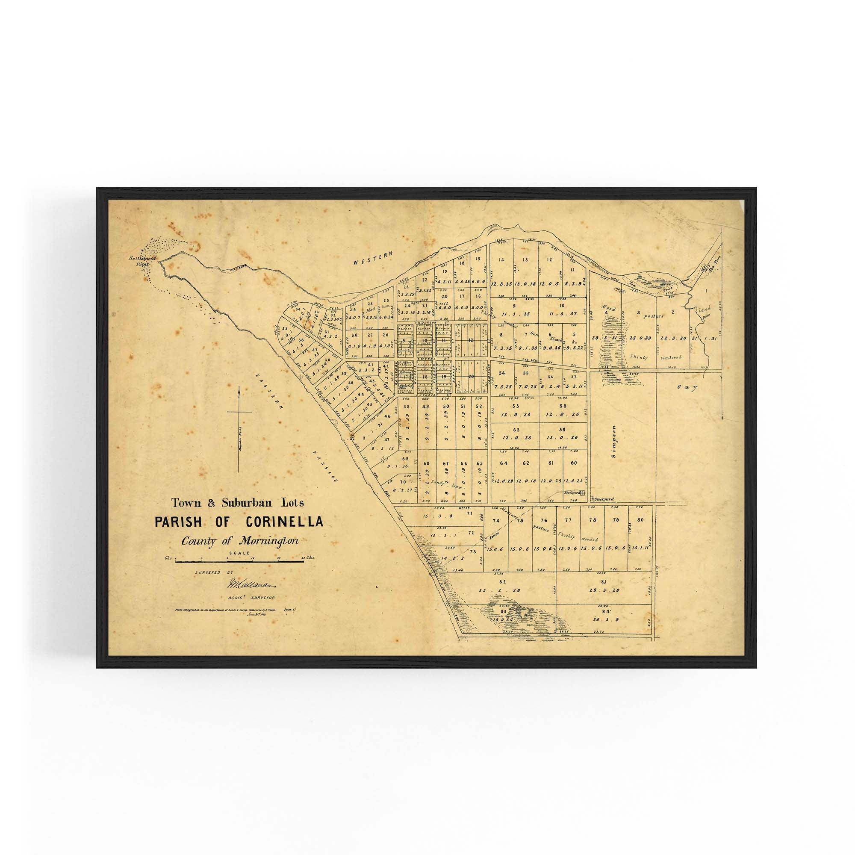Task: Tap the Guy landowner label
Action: [x=687, y=388]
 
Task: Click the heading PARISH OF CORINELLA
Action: [x=239, y=522]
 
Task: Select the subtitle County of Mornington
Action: [x=239, y=541]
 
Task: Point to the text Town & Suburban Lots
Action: [x=238, y=503]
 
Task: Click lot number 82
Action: [x=502, y=581]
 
